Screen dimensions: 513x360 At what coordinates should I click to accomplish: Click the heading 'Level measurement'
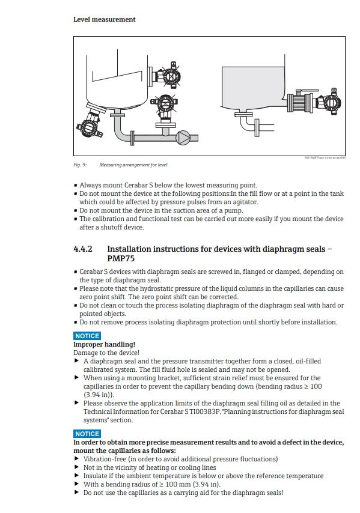click(104, 19)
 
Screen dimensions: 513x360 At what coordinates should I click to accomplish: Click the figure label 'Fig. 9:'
click(80, 164)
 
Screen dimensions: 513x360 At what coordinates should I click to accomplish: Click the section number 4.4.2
click(83, 249)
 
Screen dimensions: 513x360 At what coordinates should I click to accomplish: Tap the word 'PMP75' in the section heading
click(121, 259)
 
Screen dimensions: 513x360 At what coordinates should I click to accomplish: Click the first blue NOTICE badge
click(87, 336)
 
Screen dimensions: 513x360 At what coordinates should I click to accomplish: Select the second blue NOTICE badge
click(87, 434)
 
